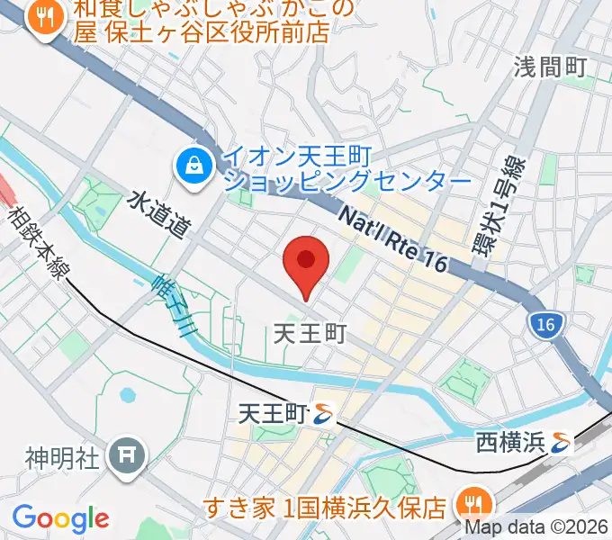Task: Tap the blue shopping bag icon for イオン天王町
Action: click(x=193, y=165)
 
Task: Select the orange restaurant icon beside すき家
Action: click(x=470, y=501)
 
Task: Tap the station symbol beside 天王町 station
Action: click(x=324, y=414)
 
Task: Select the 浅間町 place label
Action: click(x=550, y=67)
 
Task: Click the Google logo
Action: click(x=60, y=518)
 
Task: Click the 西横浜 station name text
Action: click(x=510, y=442)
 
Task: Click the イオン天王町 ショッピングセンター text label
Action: click(x=346, y=168)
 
